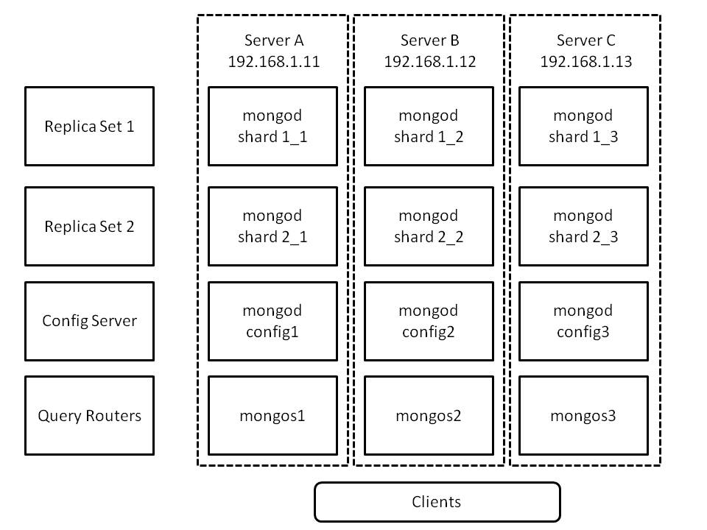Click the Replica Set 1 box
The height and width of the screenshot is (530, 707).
[x=89, y=126]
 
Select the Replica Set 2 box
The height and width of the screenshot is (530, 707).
[x=89, y=226]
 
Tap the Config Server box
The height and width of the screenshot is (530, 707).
[x=89, y=321]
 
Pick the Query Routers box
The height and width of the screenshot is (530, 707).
[x=89, y=416]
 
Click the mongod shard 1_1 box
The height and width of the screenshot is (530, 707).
[x=272, y=126]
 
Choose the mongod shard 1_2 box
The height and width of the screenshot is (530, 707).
[x=428, y=126]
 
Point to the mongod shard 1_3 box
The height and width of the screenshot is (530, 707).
[x=583, y=126]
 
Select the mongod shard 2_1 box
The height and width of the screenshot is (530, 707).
[x=272, y=226]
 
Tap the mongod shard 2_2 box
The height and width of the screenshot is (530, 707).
[x=428, y=226]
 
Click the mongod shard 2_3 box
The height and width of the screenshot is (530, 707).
[x=583, y=226]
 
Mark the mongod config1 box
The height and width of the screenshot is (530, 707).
[x=272, y=321]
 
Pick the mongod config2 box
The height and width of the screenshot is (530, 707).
[x=428, y=321]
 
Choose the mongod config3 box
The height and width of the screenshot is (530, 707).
[x=583, y=321]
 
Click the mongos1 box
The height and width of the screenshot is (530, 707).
[x=272, y=416]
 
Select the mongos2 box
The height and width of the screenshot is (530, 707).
[x=428, y=416]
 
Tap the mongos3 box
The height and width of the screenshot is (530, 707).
[x=583, y=416]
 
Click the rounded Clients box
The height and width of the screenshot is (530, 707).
[x=437, y=502]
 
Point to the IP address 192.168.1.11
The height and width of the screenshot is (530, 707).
[x=273, y=62]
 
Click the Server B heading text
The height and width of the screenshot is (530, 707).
[x=429, y=40]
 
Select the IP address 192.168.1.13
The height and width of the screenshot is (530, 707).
[x=585, y=62]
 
